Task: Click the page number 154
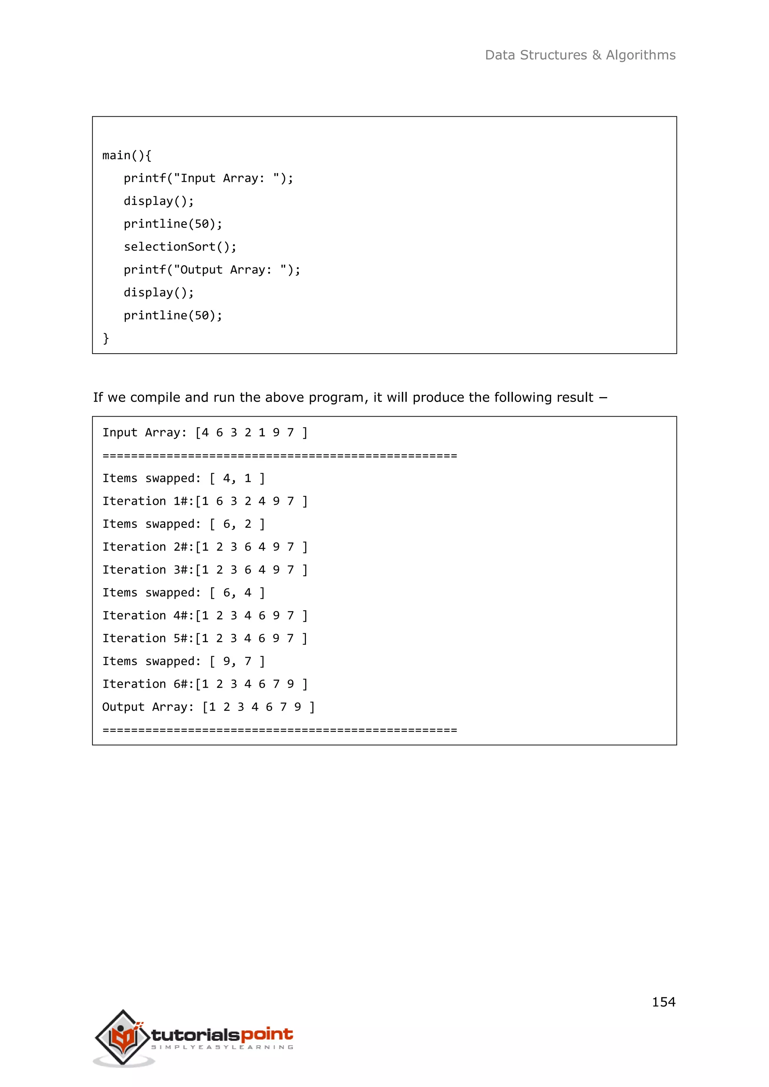pyautogui.click(x=663, y=1002)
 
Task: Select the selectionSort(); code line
pyautogui.click(x=180, y=247)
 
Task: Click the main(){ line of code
pyautogui.click(x=127, y=155)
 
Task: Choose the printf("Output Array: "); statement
pyautogui.click(x=212, y=269)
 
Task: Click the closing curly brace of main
pyautogui.click(x=106, y=338)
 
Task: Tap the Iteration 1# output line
pyautogui.click(x=205, y=501)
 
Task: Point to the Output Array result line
pyautogui.click(x=208, y=706)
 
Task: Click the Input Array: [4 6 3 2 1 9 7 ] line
pyautogui.click(x=205, y=432)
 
